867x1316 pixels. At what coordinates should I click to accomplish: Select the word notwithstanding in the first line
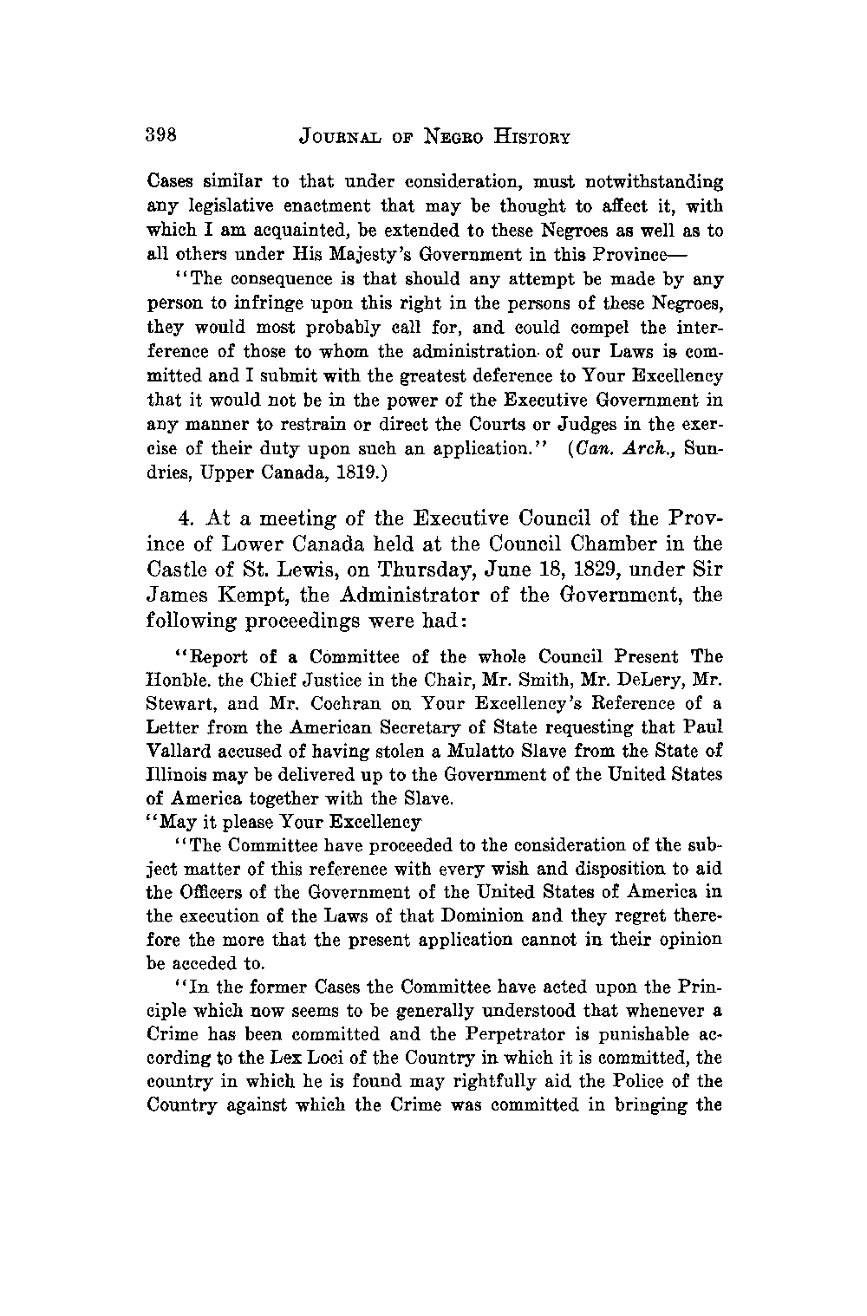[659, 183]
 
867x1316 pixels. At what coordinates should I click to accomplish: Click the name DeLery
[634, 680]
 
